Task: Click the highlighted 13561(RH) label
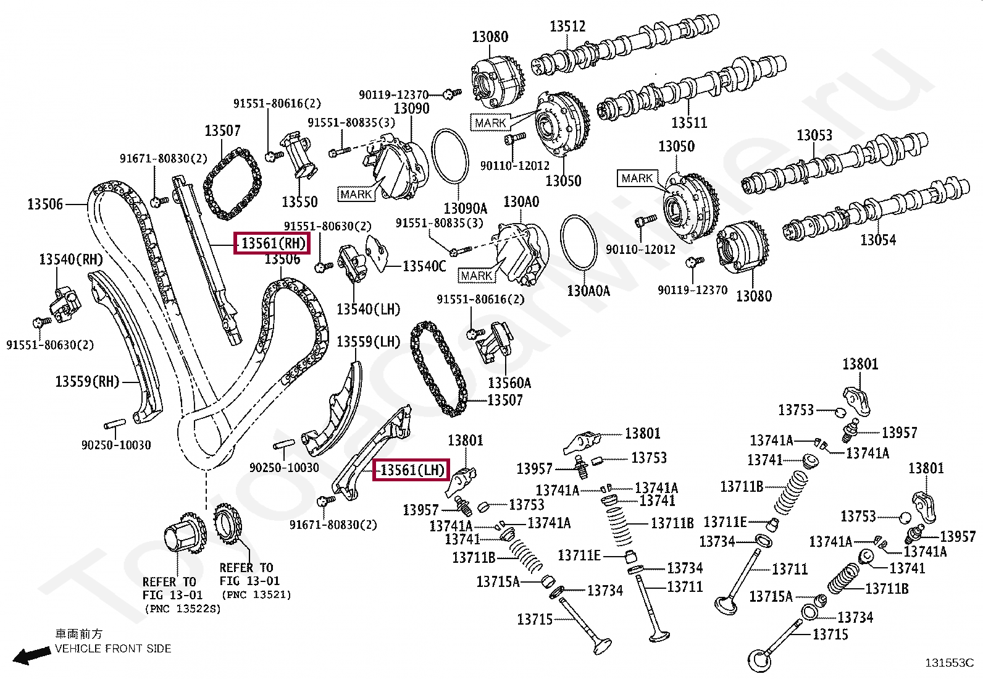[x=272, y=243]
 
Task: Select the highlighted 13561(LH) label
[x=411, y=470]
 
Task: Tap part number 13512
[x=567, y=27]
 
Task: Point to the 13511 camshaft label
[x=690, y=122]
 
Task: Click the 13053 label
[x=814, y=135]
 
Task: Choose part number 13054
[x=878, y=240]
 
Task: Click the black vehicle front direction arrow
[x=31, y=655]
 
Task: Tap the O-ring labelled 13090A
[x=450, y=130]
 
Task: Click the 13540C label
[x=424, y=266]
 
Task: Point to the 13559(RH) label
[x=87, y=381]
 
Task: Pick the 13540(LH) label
[x=368, y=309]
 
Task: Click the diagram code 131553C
[x=950, y=663]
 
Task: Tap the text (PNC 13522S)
[x=183, y=609]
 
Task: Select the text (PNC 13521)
[x=256, y=595]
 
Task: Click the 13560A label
[x=509, y=383]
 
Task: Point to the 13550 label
[x=299, y=201]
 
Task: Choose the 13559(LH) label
[x=368, y=342]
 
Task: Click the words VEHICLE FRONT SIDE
[x=113, y=649]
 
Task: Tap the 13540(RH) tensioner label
[x=70, y=259]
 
